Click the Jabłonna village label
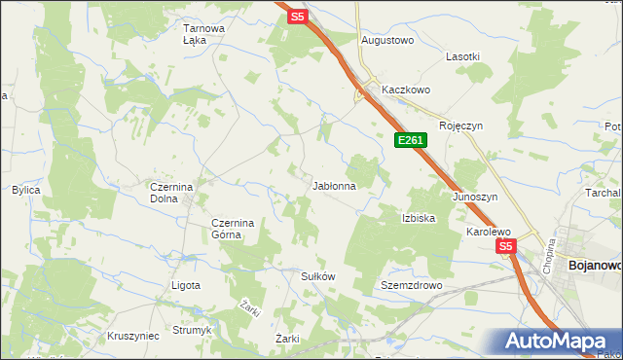pyautogui.click(x=334, y=185)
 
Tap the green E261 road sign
pyautogui.click(x=411, y=141)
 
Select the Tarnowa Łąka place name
pyautogui.click(x=204, y=35)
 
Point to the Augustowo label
pyautogui.click(x=387, y=41)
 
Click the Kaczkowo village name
pyautogui.click(x=406, y=90)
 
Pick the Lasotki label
pyautogui.click(x=463, y=56)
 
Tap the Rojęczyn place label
pyautogui.click(x=461, y=126)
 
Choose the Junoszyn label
pyautogui.click(x=475, y=197)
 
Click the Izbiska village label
pyautogui.click(x=418, y=219)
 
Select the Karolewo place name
pyautogui.click(x=489, y=233)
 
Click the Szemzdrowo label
pyautogui.click(x=412, y=285)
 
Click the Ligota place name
pyautogui.click(x=185, y=285)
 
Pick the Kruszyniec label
pyautogui.click(x=133, y=336)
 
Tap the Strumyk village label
pyautogui.click(x=193, y=330)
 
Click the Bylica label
pyautogui.click(x=26, y=190)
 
